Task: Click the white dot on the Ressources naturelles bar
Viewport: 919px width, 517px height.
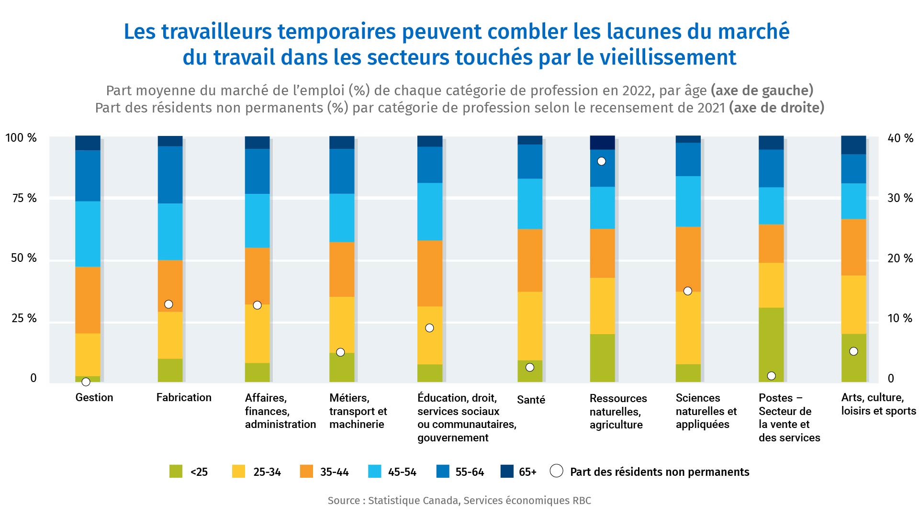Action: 602,161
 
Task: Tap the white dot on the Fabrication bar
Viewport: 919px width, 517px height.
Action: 168,304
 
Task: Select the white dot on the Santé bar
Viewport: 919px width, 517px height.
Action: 530,368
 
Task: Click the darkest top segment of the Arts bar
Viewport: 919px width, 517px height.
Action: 853,145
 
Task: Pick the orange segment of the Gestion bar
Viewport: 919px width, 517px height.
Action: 88,300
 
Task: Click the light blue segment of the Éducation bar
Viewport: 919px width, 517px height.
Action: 430,212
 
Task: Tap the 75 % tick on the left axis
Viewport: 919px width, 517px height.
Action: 24,198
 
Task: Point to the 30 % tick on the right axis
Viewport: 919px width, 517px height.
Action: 900,198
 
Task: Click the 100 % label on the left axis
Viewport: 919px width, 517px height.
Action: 21,138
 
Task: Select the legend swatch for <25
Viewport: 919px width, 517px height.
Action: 176,472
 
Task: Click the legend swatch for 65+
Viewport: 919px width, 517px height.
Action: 507,472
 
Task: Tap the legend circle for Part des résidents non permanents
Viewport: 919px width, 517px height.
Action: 556,471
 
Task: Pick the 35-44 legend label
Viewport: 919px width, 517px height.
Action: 334,472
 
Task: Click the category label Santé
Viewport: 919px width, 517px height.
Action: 531,400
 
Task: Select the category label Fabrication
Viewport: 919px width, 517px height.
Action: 184,397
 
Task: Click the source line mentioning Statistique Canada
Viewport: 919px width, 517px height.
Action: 459,501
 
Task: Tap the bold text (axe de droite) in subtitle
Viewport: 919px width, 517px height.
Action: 776,108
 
